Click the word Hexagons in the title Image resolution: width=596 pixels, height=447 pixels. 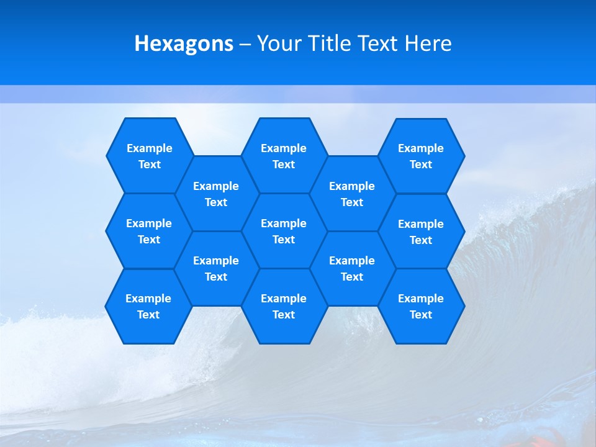point(184,43)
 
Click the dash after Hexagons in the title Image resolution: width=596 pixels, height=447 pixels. point(245,43)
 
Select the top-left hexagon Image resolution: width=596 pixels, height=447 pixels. point(149,156)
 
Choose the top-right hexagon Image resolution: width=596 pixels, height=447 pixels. point(421,156)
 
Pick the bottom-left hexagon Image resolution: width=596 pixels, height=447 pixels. point(148,306)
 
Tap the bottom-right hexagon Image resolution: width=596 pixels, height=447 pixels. point(421,306)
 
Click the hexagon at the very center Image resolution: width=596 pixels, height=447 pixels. point(284,231)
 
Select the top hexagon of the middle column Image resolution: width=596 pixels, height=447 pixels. point(284,156)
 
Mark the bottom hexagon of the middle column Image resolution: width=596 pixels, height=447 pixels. point(284,306)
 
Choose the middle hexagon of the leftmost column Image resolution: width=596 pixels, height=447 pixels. point(149,231)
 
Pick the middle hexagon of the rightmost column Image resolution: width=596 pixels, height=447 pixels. point(421,232)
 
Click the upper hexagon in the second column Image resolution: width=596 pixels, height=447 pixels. point(216,194)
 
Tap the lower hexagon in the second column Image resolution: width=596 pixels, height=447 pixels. point(216,268)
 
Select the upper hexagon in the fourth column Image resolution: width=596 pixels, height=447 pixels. point(352,194)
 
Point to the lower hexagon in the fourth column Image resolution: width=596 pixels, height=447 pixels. point(352,268)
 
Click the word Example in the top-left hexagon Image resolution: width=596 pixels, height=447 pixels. point(149,148)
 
